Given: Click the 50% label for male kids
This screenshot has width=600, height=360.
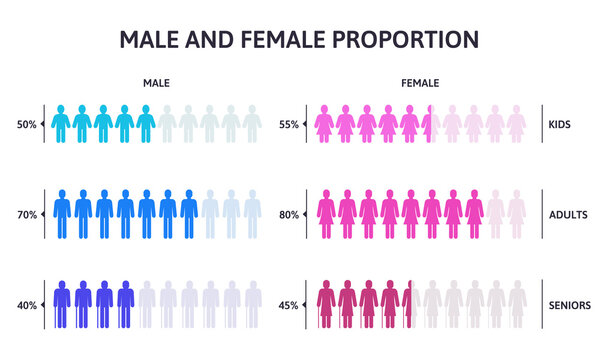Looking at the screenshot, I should pyautogui.click(x=26, y=125).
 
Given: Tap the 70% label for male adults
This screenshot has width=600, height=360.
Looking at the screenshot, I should pyautogui.click(x=26, y=214).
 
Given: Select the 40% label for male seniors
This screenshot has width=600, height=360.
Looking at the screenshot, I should pyautogui.click(x=26, y=305).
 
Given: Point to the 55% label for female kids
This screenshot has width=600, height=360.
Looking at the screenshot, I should pyautogui.click(x=287, y=125).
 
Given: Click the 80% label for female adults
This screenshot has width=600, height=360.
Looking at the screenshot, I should pyautogui.click(x=287, y=214).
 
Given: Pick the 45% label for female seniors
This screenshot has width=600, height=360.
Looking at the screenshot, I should pyautogui.click(x=287, y=305).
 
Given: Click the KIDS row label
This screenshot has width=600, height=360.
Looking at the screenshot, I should pyautogui.click(x=561, y=125).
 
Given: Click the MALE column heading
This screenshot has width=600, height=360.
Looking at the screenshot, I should pyautogui.click(x=156, y=84).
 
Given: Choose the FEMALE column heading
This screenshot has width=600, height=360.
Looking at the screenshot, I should pyautogui.click(x=420, y=84).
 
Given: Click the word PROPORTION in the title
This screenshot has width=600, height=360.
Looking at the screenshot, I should pyautogui.click(x=405, y=39).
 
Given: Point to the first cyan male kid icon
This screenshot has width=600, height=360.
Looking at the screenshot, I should pyautogui.click(x=59, y=123).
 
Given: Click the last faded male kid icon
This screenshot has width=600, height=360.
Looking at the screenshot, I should pyautogui.click(x=252, y=123).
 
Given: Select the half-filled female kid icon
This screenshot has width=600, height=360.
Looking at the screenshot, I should pyautogui.click(x=431, y=123).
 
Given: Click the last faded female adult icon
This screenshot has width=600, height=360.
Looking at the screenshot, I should pyautogui.click(x=517, y=212).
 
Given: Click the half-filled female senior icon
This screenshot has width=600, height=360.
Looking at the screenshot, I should pyautogui.click(x=409, y=303).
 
